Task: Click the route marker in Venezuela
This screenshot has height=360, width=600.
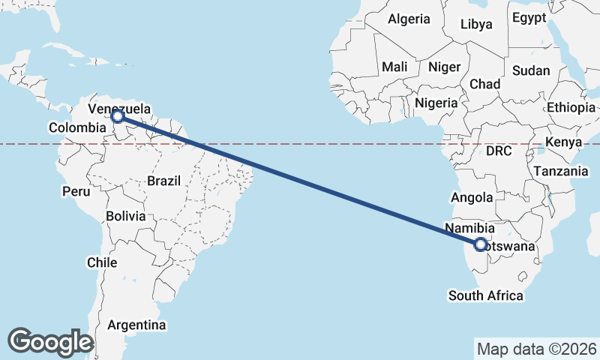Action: (x=117, y=116)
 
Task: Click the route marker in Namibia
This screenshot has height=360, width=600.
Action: (x=481, y=243)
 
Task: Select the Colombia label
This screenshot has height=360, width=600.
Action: (x=76, y=127)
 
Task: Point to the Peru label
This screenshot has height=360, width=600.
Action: (x=76, y=191)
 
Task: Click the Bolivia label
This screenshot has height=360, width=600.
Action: (x=125, y=216)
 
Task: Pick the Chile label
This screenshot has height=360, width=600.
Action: (x=102, y=262)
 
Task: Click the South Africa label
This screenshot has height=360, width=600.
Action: (x=486, y=295)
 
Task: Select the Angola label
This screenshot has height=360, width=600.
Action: (x=471, y=198)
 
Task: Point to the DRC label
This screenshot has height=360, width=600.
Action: (x=498, y=151)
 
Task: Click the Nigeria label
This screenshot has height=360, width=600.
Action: (x=436, y=103)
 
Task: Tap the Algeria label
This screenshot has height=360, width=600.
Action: (x=409, y=19)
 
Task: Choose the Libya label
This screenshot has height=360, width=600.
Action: (x=476, y=24)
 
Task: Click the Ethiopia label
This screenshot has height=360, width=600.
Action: (x=571, y=107)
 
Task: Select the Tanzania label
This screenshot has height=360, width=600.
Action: (x=561, y=171)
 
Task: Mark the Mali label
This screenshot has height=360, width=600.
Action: (x=394, y=67)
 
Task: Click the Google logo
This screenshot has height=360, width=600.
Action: (x=50, y=341)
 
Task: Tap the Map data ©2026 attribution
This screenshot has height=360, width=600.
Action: (x=537, y=349)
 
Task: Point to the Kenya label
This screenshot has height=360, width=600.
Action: (x=564, y=142)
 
